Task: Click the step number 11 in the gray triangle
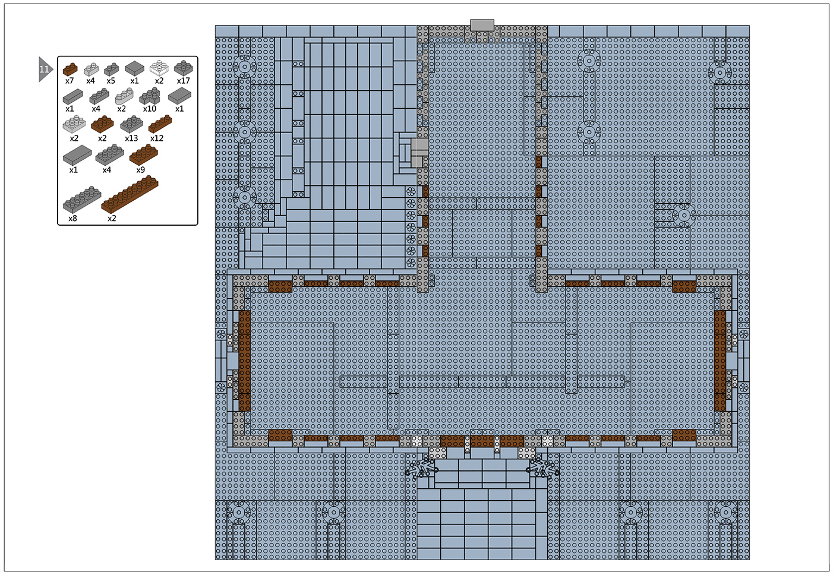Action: click(x=44, y=69)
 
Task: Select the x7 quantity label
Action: click(x=69, y=81)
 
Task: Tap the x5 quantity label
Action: click(x=111, y=81)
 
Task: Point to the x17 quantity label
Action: click(x=184, y=81)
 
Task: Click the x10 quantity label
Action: click(x=150, y=109)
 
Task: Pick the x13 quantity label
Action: click(x=131, y=138)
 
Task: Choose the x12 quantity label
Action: click(x=157, y=138)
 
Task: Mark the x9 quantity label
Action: click(x=140, y=170)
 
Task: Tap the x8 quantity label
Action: click(x=72, y=219)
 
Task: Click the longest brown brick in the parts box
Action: click(x=130, y=194)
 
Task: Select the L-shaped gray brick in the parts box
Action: click(x=150, y=96)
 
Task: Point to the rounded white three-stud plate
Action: click(x=124, y=96)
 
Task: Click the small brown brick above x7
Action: click(x=70, y=69)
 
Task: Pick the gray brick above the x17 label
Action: click(x=184, y=68)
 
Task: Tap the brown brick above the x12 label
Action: click(x=160, y=124)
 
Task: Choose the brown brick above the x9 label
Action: click(x=144, y=154)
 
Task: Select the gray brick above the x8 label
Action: click(x=82, y=200)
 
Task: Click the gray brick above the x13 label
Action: click(x=132, y=124)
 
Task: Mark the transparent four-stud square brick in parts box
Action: click(x=159, y=68)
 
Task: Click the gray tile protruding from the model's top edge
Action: click(x=482, y=26)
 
